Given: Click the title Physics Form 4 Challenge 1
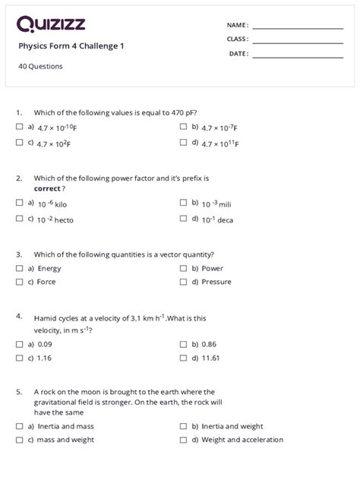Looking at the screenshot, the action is (71, 46).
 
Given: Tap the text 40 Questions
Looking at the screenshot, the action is (40, 66).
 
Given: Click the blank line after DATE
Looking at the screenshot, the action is (298, 55).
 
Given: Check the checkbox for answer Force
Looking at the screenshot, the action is (19, 282).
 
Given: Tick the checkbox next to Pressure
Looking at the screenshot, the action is (183, 282).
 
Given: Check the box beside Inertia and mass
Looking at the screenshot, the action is (19, 425).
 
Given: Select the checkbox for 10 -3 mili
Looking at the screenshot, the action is (183, 203).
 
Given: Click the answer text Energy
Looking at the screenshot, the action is (49, 268).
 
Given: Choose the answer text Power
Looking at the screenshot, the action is (212, 268).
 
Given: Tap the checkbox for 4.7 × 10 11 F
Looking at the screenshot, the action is (183, 142).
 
